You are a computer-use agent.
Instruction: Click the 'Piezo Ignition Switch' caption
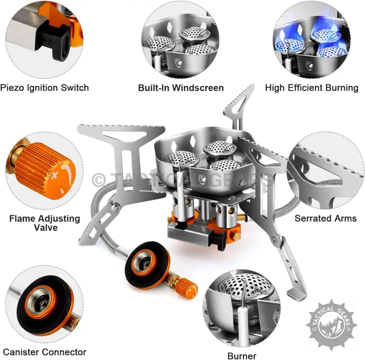click(45, 88)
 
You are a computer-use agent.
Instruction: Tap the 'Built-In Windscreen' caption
click(181, 88)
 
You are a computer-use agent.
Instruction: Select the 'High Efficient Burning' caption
click(312, 88)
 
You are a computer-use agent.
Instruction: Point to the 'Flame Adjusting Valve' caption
click(45, 223)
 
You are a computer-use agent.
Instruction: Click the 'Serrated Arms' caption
click(325, 218)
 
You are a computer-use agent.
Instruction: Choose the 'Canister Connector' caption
click(45, 352)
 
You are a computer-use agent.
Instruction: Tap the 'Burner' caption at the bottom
click(242, 356)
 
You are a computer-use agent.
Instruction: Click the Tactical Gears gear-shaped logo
click(331, 325)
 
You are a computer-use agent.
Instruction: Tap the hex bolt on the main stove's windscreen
click(202, 179)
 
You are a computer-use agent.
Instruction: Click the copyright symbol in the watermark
click(99, 180)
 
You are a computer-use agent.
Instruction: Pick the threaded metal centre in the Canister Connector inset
click(41, 301)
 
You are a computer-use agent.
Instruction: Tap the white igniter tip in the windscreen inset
click(158, 62)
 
